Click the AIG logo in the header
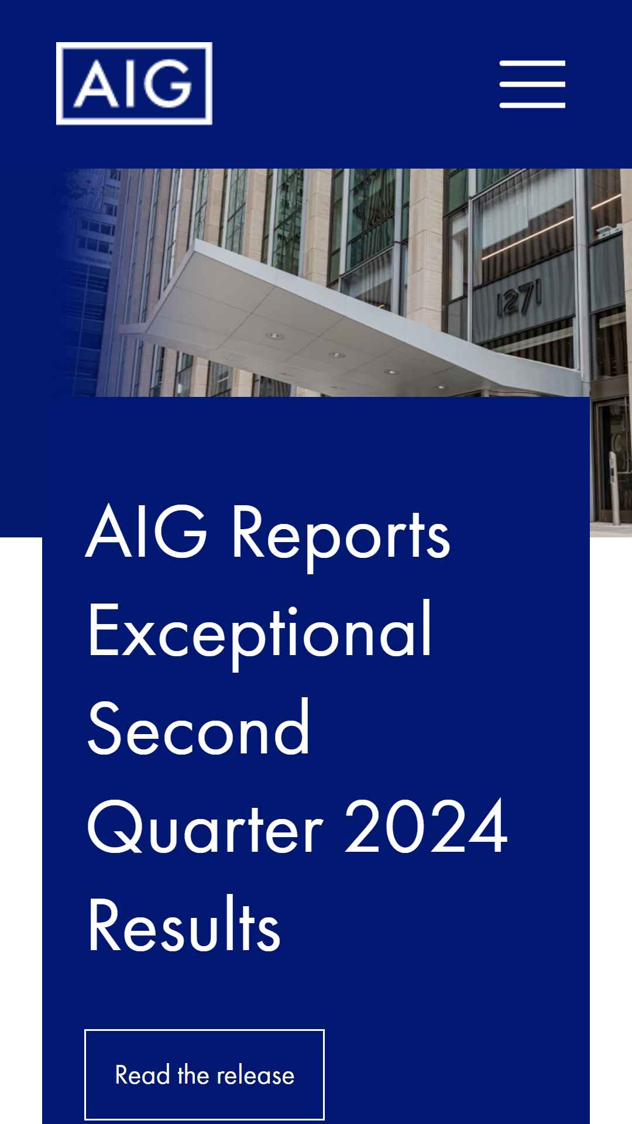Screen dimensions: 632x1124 pyautogui.click(x=134, y=84)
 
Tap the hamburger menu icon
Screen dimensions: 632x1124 pyautogui.click(x=533, y=84)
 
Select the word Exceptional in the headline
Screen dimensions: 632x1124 pyautogui.click(x=260, y=634)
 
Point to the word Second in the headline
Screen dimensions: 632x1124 pyautogui.click(x=199, y=728)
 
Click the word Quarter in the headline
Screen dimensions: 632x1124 pyautogui.click(x=205, y=827)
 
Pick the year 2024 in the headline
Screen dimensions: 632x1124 pyautogui.click(x=426, y=825)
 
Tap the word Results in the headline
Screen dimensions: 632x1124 pyautogui.click(x=184, y=924)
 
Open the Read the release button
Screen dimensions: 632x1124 pyautogui.click(x=204, y=1074)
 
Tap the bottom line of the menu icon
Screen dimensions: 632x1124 pyautogui.click(x=533, y=105)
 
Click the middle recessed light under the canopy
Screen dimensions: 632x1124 pyautogui.click(x=336, y=355)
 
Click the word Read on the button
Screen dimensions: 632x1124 pyautogui.click(x=142, y=1075)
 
